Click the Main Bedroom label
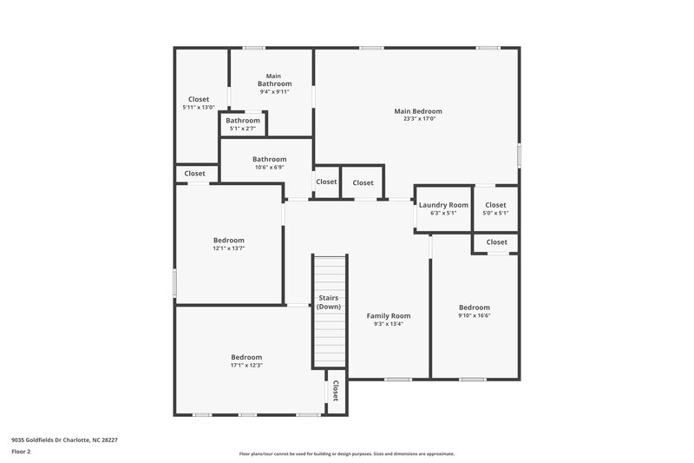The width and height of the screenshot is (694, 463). (x=418, y=111)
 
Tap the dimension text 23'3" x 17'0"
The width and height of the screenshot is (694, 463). (x=418, y=119)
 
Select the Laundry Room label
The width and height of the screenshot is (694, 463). (x=443, y=205)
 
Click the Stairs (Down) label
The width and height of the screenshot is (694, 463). (x=328, y=302)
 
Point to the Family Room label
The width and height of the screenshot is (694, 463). (x=388, y=316)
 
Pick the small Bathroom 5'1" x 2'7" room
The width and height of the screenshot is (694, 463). (x=243, y=123)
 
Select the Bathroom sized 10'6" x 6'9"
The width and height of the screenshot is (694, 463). (x=269, y=162)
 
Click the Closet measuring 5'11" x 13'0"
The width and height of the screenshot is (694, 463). (x=198, y=103)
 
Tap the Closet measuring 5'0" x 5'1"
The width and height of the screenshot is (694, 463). (x=495, y=208)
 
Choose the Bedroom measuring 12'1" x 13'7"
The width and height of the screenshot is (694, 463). (x=229, y=243)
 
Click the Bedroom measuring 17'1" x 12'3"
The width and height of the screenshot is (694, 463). (x=246, y=360)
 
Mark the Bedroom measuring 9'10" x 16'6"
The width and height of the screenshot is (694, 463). (x=475, y=311)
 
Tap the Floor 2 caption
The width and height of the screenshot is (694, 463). (x=20, y=452)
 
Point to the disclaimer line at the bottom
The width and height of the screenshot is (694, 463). (x=346, y=453)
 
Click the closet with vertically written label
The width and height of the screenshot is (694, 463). (x=335, y=391)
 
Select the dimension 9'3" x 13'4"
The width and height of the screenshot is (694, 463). (x=388, y=324)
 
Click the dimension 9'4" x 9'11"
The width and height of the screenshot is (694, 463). (x=273, y=91)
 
